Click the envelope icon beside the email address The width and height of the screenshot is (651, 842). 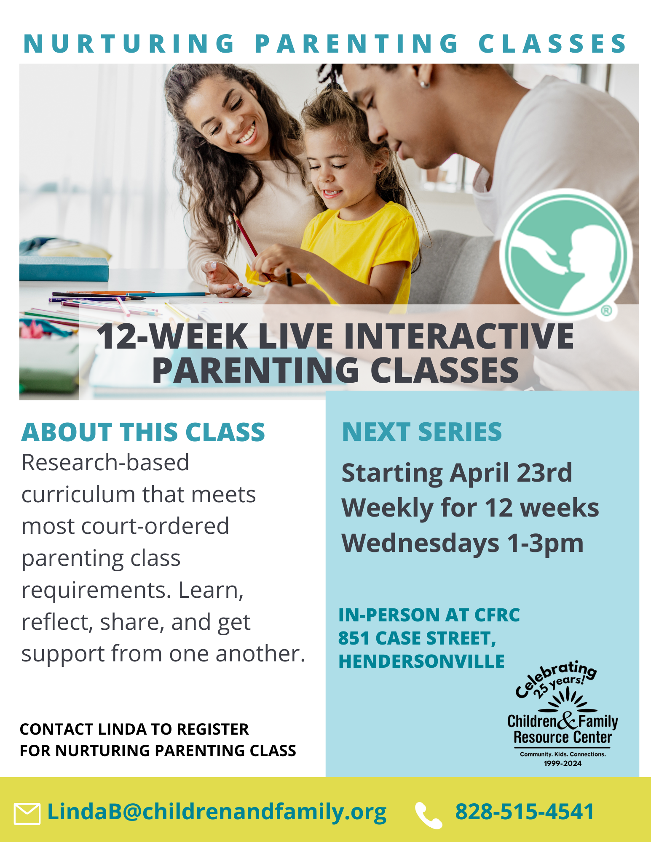pos(27,813)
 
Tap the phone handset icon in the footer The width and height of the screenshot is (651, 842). pos(429,815)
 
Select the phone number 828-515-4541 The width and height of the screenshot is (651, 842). pos(524,812)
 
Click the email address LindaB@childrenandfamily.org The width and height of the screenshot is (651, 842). pos(217,812)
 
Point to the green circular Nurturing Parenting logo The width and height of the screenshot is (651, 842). pos(565,254)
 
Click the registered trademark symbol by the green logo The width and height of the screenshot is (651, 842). pos(606,311)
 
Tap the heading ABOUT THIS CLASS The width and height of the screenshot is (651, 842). pos(143,432)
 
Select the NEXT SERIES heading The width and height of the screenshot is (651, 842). pos(422,432)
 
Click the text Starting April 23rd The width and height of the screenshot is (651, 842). pos(457,473)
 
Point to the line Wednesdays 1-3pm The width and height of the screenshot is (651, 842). pos(462,543)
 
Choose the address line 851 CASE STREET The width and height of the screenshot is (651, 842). pos(417,638)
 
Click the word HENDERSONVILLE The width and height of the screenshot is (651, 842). pos(421,661)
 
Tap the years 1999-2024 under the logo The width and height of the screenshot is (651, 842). pos(563,763)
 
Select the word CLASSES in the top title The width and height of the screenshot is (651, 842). pos(552,44)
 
